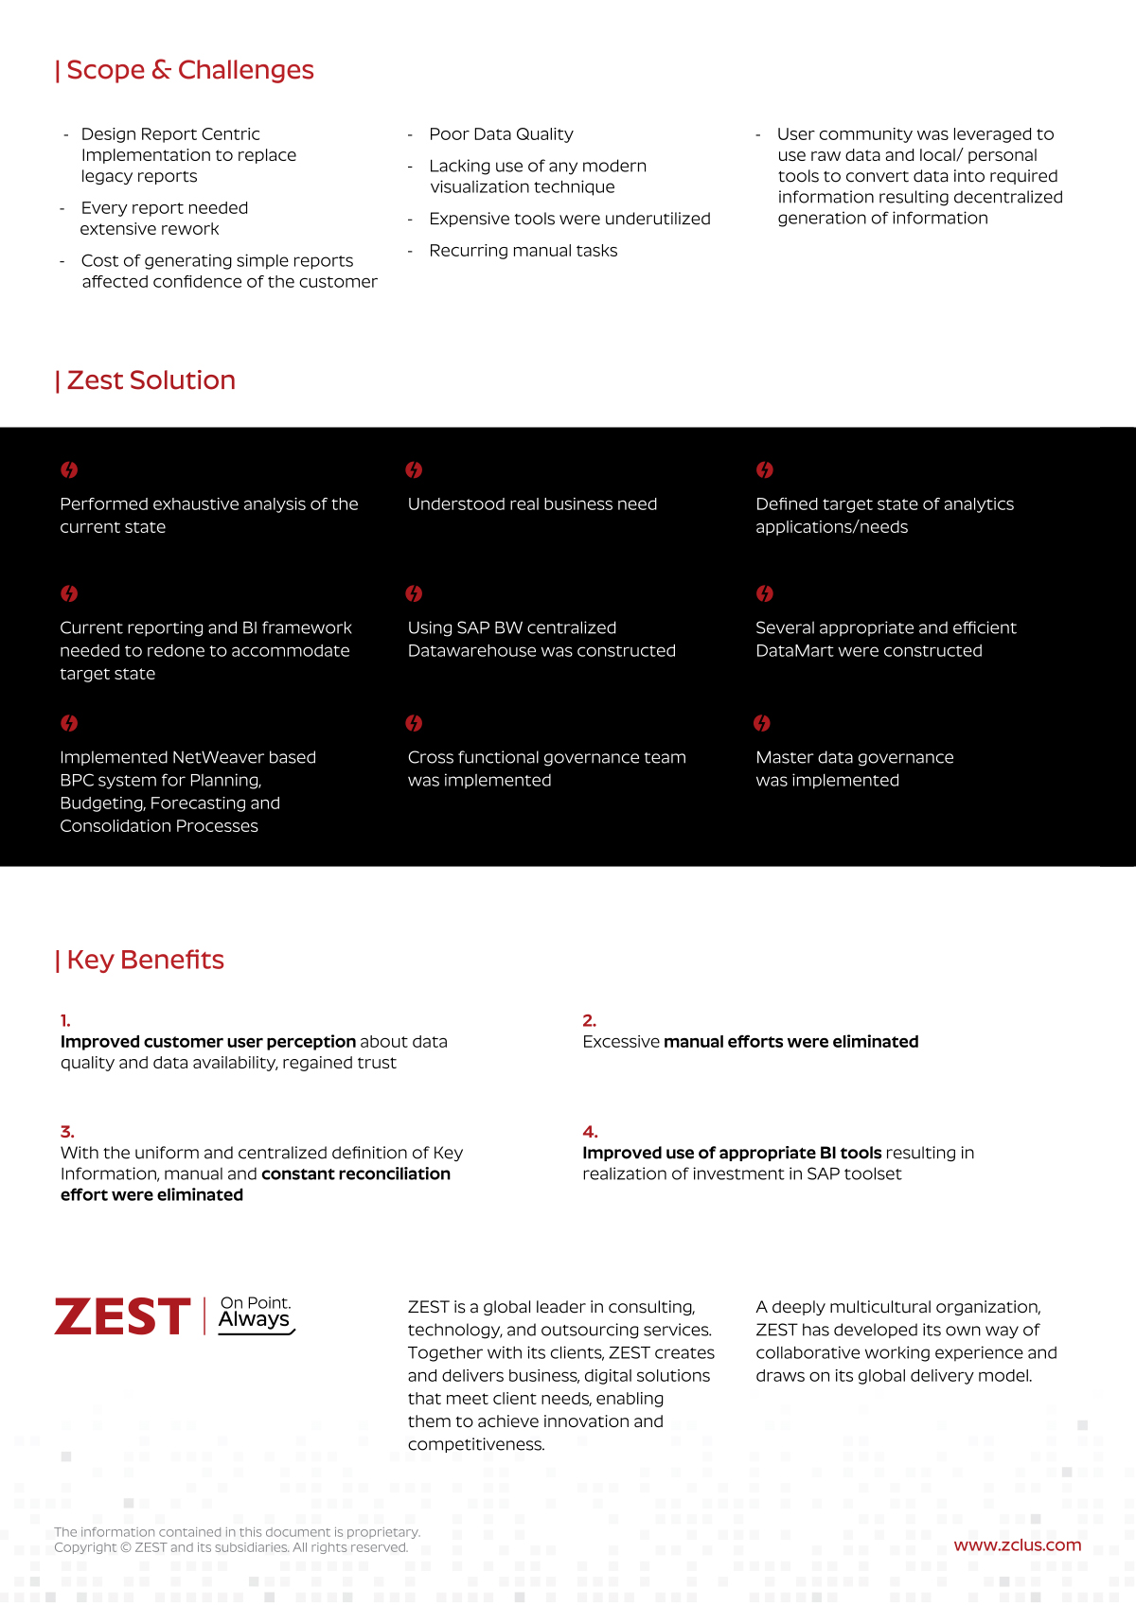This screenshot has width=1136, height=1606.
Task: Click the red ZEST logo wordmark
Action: pos(123,1316)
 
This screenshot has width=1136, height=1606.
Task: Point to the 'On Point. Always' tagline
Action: pos(256,1314)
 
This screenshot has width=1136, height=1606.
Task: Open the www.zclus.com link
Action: pos(1017,1545)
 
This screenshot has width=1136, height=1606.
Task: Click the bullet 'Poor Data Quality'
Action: pos(501,134)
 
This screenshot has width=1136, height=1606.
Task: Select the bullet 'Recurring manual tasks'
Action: pos(523,251)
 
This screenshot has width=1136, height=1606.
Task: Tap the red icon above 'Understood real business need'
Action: pos(414,470)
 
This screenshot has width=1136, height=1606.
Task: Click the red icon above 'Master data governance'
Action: pos(762,724)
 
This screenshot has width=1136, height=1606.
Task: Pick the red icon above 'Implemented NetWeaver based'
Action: pos(69,724)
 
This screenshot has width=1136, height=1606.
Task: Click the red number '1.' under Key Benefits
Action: pos(65,1021)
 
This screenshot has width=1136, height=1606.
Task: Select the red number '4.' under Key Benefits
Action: pos(590,1132)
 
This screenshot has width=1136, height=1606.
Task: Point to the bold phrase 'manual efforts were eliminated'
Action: pos(790,1042)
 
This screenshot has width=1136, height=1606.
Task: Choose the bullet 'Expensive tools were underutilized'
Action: pos(569,220)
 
